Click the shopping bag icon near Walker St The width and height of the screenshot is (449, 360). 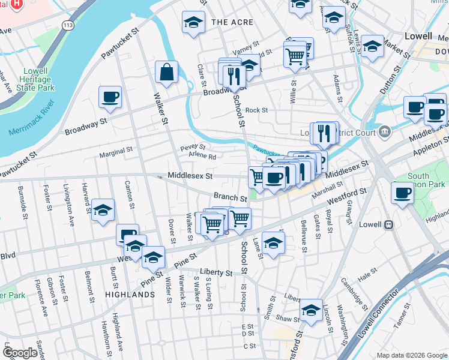pos(166,72)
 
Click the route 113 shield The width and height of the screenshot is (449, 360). pos(66,25)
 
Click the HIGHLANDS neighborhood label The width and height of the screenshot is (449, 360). pos(130,295)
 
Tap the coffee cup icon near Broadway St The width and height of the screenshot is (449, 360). pos(110,98)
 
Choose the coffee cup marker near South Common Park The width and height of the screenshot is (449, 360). pos(402,193)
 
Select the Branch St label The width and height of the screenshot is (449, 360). pos(231,197)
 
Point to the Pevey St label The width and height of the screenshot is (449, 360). pos(193,146)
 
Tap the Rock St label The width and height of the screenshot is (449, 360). pos(256,110)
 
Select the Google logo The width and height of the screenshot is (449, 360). pos(20,353)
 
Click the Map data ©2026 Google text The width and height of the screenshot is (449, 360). pos(411,355)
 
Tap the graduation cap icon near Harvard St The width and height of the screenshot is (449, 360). pos(103,210)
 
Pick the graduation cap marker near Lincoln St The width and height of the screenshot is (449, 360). pos(311,310)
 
